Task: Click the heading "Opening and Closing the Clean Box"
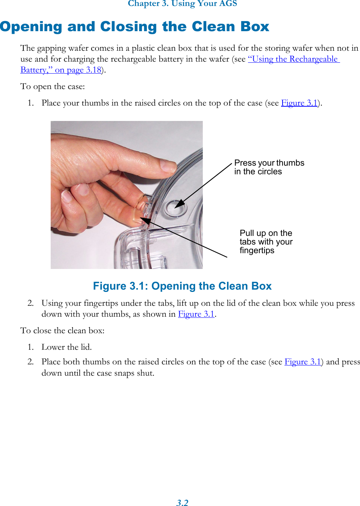(x=135, y=27)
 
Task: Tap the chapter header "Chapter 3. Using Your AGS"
(x=182, y=4)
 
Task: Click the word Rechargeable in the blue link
(x=313, y=59)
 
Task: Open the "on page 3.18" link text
(x=78, y=70)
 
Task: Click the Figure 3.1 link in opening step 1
(x=299, y=103)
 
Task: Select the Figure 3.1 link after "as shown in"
(x=196, y=314)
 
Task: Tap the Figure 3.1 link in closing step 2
(x=303, y=362)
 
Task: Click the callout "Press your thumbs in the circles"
(x=269, y=167)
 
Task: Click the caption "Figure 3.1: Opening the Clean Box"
(x=182, y=286)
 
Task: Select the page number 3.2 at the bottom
(x=182, y=503)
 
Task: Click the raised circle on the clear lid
(x=175, y=208)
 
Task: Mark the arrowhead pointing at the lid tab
(x=145, y=221)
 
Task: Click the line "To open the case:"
(x=53, y=86)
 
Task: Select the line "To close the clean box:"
(x=62, y=331)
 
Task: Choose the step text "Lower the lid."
(x=67, y=347)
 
